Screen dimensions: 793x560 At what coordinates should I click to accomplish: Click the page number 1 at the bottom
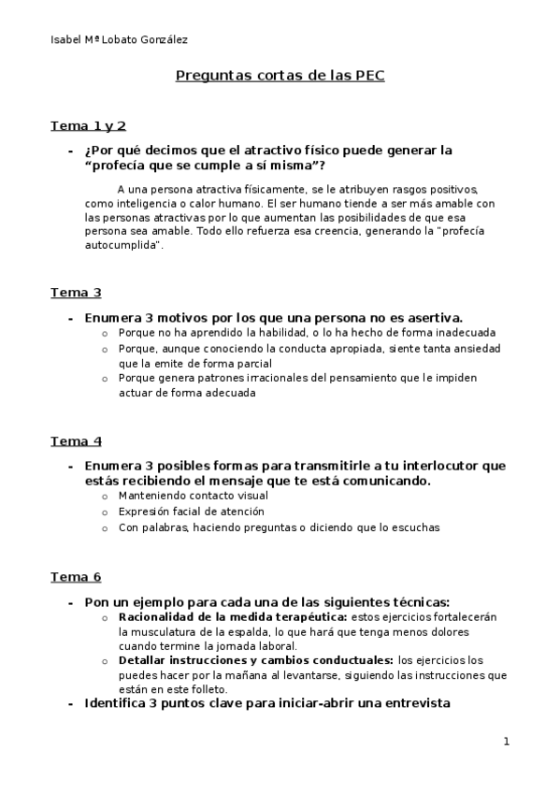coord(506,743)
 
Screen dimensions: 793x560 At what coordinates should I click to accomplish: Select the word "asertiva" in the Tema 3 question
coord(433,317)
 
